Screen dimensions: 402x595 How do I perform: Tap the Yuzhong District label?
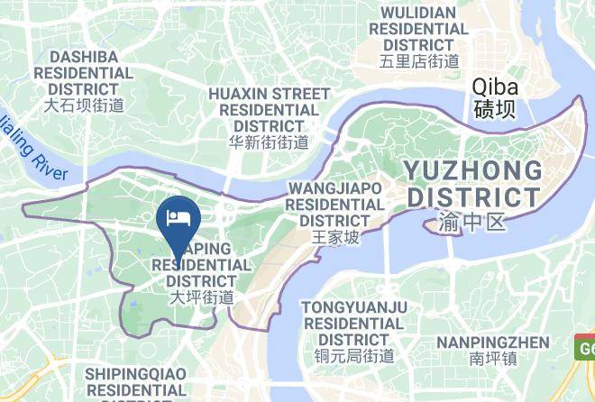tap(473, 183)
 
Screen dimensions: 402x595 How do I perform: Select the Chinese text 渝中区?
tap(473, 221)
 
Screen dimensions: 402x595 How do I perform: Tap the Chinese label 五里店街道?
tap(419, 61)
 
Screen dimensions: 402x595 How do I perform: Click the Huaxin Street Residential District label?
tap(269, 109)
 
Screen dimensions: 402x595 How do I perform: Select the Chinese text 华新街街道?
tap(269, 142)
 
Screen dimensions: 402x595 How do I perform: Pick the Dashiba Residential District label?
tap(84, 72)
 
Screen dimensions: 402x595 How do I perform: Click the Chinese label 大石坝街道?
tap(84, 105)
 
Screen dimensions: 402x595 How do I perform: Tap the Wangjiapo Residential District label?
tap(335, 204)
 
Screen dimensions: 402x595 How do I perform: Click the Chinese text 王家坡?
tap(335, 237)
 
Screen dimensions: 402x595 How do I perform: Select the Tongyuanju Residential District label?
tap(354, 322)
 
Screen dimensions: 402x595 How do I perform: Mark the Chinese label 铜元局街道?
tap(354, 354)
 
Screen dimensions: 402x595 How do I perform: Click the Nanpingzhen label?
tap(493, 342)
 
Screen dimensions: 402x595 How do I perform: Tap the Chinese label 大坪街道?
tap(203, 296)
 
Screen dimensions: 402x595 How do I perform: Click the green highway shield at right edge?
tap(585, 346)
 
